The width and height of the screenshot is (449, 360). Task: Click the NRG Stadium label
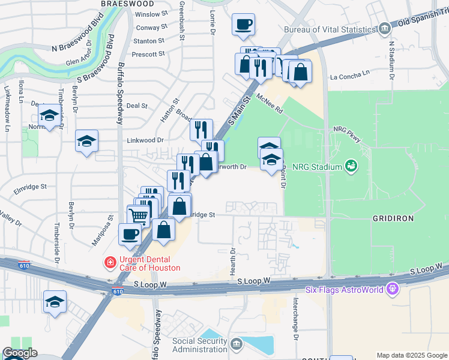coord(317,166)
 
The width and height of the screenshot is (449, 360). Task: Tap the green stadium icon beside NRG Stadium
coord(351,166)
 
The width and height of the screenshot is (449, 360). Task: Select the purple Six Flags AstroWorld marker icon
coord(393,289)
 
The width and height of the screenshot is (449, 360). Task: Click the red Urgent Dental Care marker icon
coord(110,262)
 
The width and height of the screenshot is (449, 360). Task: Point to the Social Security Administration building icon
coord(236,344)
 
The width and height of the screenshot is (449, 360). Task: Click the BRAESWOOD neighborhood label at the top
coord(124,3)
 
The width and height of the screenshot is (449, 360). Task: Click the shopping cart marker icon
coord(139,215)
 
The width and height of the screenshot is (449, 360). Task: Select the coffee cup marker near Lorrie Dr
coord(243,24)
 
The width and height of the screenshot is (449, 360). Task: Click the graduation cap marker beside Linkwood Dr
coord(86,140)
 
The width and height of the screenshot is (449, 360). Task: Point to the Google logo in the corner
coord(20,353)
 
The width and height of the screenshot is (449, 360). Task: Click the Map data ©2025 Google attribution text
coord(412,355)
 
